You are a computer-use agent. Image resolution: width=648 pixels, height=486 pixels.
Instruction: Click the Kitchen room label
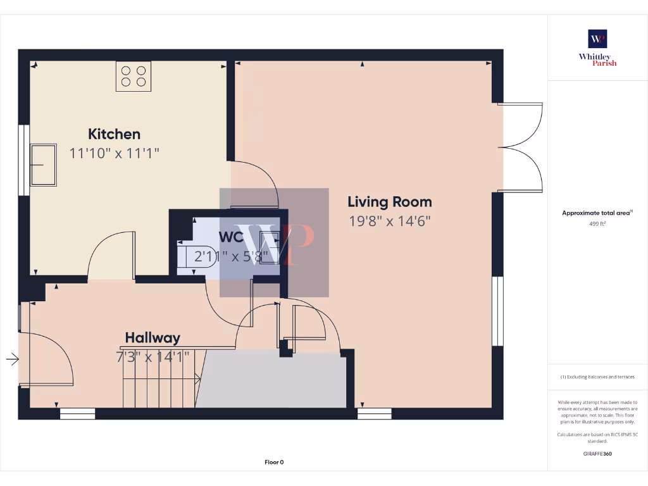click(x=114, y=134)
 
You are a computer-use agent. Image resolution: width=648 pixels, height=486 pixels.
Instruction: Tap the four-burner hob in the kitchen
click(x=134, y=77)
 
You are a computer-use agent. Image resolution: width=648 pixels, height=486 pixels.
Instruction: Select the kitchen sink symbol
click(x=43, y=165)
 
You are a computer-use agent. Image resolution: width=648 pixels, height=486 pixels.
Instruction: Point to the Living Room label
click(x=390, y=202)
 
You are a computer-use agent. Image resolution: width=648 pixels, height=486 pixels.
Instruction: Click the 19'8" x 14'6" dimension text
click(x=390, y=221)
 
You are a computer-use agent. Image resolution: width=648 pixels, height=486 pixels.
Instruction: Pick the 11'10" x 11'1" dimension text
click(x=114, y=153)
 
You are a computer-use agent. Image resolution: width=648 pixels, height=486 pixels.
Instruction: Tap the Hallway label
click(x=153, y=338)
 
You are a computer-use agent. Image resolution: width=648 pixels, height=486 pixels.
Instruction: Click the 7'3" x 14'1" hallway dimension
click(x=153, y=356)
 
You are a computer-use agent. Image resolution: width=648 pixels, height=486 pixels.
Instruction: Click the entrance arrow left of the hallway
click(x=12, y=359)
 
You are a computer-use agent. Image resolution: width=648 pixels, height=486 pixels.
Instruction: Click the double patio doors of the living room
click(x=520, y=147)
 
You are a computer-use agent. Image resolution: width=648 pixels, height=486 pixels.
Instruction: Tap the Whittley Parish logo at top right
click(x=597, y=48)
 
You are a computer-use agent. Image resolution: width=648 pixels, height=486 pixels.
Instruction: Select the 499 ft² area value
click(x=597, y=223)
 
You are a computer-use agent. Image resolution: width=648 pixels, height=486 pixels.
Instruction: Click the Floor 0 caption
click(x=274, y=463)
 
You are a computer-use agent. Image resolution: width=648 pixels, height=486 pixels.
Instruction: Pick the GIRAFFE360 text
click(x=597, y=454)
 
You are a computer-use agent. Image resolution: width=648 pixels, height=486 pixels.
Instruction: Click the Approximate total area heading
click(x=597, y=213)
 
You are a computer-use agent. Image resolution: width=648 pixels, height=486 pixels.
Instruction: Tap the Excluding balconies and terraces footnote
click(x=597, y=377)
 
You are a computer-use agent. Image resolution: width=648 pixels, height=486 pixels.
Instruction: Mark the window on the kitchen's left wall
click(x=24, y=159)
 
